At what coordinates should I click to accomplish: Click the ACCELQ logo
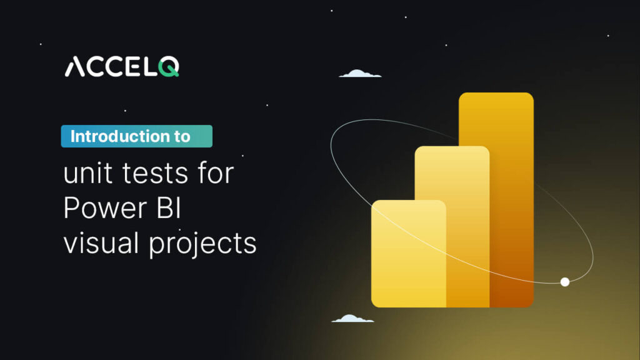coord(122,66)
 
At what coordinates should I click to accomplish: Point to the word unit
coord(84,173)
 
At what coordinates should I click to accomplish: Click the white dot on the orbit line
coord(565,282)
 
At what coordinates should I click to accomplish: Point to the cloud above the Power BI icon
coord(360,74)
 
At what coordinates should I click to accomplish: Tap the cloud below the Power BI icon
coord(352,319)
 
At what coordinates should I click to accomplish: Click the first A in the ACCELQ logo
coord(74,66)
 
